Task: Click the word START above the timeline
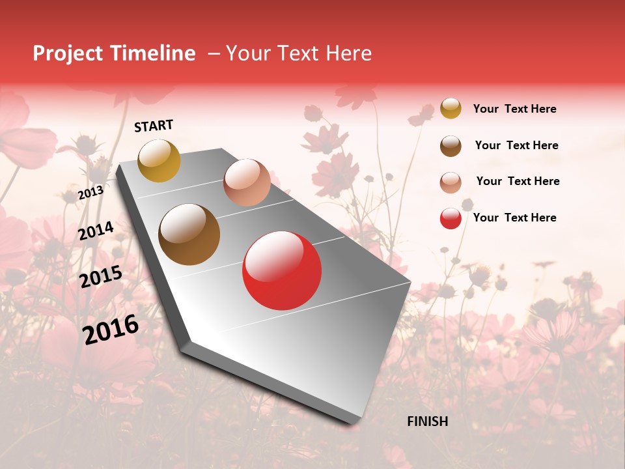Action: tap(154, 126)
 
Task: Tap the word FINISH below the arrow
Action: tap(428, 421)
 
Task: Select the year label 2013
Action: tap(90, 193)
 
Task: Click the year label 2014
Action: tap(96, 231)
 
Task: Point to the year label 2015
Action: tap(101, 277)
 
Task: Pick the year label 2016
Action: tap(111, 330)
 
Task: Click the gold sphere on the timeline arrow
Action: tap(159, 160)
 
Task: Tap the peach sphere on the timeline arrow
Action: tap(247, 182)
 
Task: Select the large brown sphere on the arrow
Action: tap(189, 234)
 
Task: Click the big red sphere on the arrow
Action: tap(282, 270)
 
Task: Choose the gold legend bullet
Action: tap(451, 108)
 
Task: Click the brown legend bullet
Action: tap(451, 146)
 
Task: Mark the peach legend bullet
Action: tap(451, 182)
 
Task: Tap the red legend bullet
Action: tap(451, 218)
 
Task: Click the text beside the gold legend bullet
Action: tap(514, 109)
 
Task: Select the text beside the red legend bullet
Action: tap(514, 218)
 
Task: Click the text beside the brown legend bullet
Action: tap(516, 145)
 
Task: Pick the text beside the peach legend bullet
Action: tap(518, 181)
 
